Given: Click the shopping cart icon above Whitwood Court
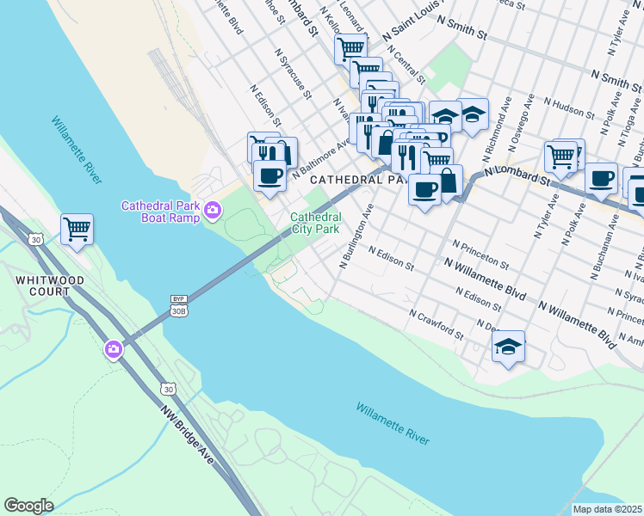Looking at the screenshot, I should pos(77,229).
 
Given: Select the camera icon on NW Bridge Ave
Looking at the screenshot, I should pos(114,349).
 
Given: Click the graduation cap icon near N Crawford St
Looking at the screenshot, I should pos(508,347).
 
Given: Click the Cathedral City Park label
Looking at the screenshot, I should pos(315,224).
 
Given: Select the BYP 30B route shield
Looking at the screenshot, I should pos(178,305).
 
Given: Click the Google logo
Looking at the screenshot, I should pos(28,506).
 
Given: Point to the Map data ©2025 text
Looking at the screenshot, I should pos(607,509).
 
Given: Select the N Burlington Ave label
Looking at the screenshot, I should pos(356,236).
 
